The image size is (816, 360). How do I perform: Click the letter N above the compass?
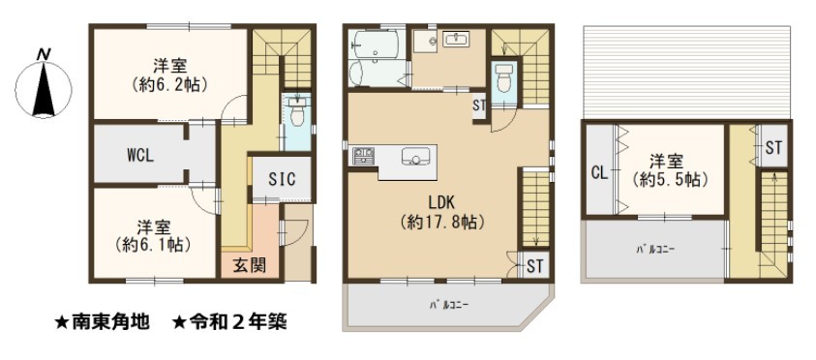(x=44, y=54)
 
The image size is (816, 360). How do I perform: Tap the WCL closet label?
(x=140, y=156)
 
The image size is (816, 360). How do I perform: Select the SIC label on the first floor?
(x=282, y=179)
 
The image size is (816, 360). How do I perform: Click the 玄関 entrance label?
(x=248, y=265)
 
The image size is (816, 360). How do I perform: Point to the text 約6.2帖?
(x=169, y=84)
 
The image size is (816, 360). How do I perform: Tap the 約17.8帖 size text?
(x=443, y=223)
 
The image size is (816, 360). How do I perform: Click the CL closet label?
(x=600, y=173)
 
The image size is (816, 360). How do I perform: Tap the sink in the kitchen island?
(x=414, y=156)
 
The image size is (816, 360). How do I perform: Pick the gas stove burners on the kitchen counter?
(x=363, y=156)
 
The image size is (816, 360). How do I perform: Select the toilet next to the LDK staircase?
(x=503, y=77)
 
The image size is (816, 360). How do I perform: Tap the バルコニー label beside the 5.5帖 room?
(x=654, y=249)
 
